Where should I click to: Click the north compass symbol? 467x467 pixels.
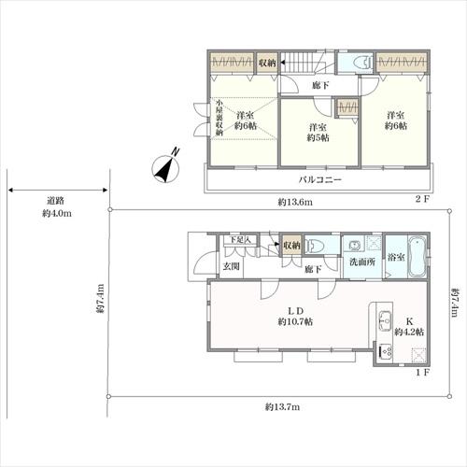(x=165, y=168)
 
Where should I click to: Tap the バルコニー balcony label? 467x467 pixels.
(x=320, y=179)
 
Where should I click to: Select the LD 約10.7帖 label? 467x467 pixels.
(x=295, y=316)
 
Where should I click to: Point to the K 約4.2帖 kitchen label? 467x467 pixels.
(x=409, y=327)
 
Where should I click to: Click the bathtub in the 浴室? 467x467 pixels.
(x=417, y=257)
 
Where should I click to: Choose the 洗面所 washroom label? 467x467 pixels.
(x=362, y=262)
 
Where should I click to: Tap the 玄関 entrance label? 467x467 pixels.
(x=232, y=266)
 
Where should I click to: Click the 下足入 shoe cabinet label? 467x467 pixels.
(x=240, y=240)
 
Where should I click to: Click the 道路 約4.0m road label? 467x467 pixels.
(x=57, y=207)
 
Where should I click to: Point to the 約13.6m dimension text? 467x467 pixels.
(x=295, y=203)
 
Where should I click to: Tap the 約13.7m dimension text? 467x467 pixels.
(x=282, y=406)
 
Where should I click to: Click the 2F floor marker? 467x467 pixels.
(x=422, y=199)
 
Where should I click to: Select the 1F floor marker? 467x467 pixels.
(x=423, y=372)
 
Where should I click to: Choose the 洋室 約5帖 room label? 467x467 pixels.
(x=318, y=133)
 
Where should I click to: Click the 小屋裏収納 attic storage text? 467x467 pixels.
(x=219, y=118)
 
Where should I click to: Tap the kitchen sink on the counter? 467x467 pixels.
(x=385, y=320)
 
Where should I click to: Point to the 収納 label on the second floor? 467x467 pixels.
(x=267, y=63)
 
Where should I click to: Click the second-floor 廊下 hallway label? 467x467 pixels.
(x=320, y=85)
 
